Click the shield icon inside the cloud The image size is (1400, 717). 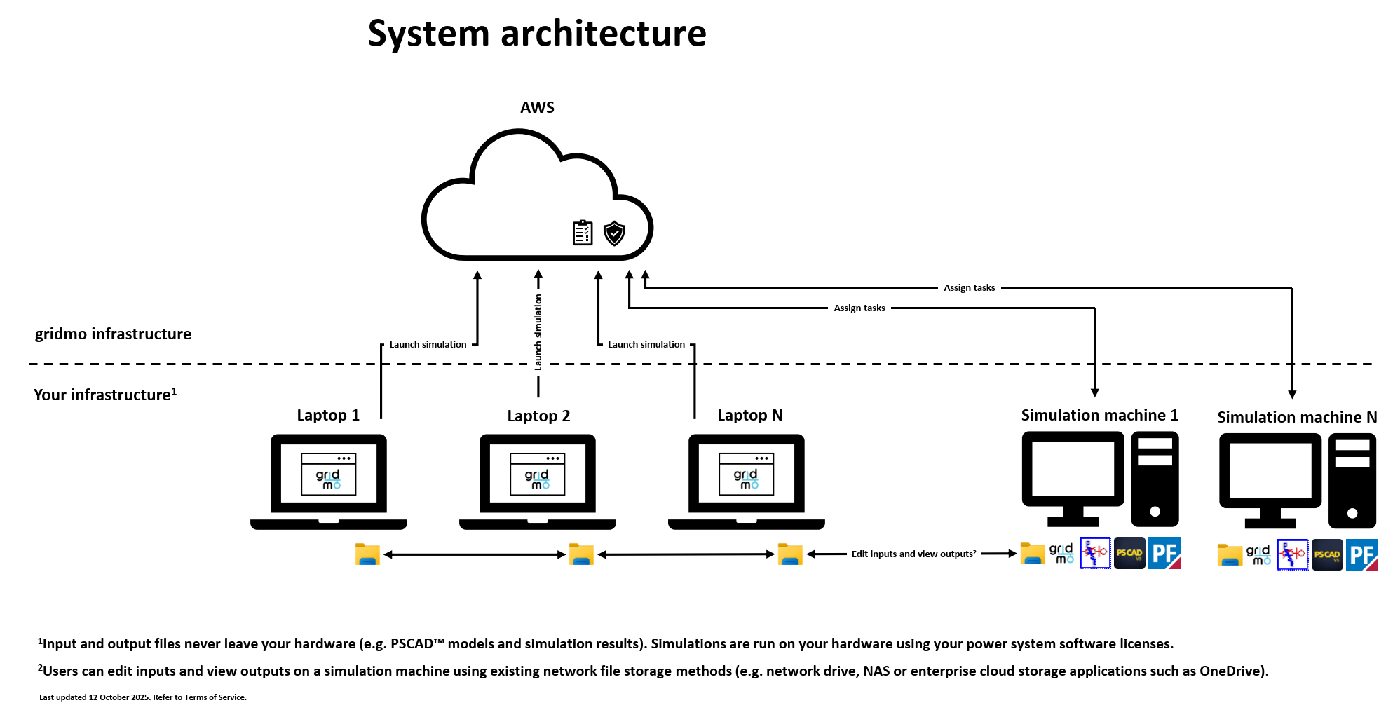[x=614, y=233]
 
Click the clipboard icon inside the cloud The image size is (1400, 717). [x=583, y=233]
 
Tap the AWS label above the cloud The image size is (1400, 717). [x=537, y=107]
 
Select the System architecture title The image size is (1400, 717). [x=537, y=34]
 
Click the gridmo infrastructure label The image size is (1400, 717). [x=113, y=334]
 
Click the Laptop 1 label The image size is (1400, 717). [x=328, y=415]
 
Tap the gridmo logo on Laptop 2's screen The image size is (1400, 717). [x=538, y=479]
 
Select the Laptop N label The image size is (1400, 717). [x=749, y=415]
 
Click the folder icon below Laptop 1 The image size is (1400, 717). [x=367, y=554]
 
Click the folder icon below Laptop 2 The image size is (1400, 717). [x=581, y=554]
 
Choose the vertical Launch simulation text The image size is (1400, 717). [x=538, y=332]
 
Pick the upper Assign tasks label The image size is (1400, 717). [x=969, y=287]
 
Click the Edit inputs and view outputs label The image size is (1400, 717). [x=913, y=554]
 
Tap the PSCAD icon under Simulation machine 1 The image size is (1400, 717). [x=1129, y=553]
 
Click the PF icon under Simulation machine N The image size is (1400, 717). [x=1361, y=554]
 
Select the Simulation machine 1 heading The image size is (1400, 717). [x=1099, y=415]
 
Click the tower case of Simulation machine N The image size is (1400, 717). [x=1352, y=480]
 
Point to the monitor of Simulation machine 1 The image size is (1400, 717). [x=1073, y=470]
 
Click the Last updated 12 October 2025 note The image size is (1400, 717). [x=143, y=697]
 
